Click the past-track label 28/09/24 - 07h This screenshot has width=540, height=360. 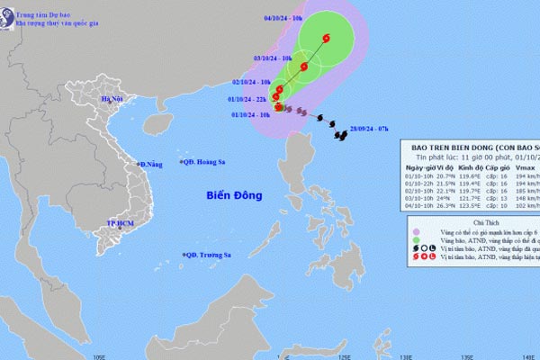[371, 130]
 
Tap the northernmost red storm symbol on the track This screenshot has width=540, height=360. [325, 37]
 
